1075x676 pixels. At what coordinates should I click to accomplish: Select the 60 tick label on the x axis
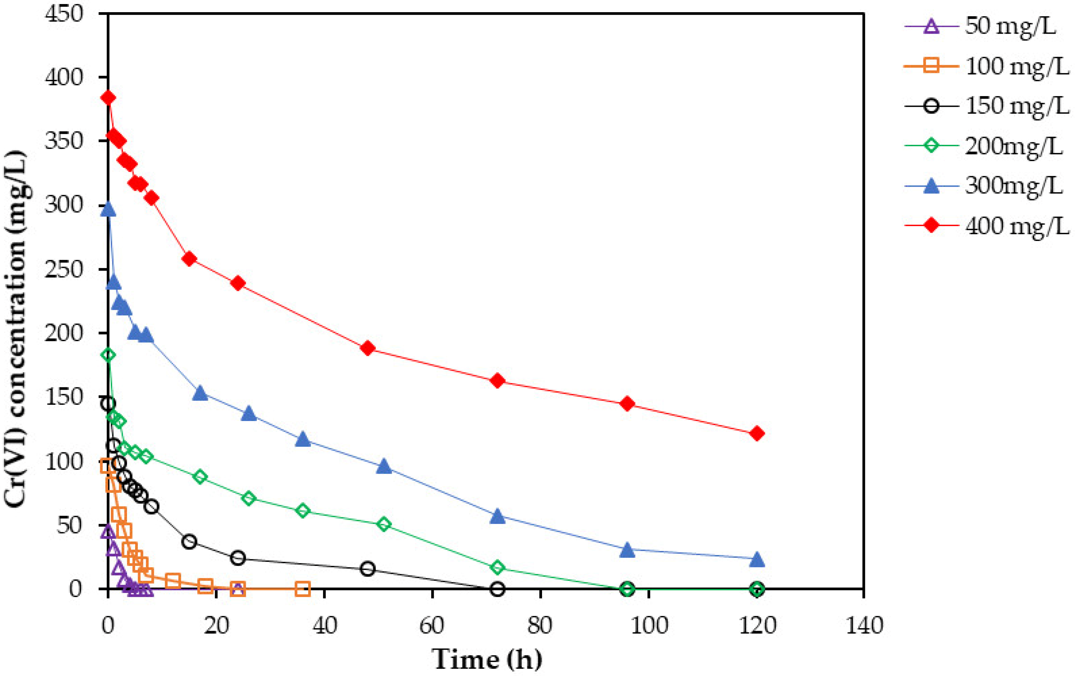(x=432, y=625)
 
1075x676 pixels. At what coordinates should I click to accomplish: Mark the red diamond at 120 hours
(x=757, y=434)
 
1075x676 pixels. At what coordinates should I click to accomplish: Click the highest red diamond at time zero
(x=108, y=98)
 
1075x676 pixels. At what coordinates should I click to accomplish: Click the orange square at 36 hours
(x=303, y=589)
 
